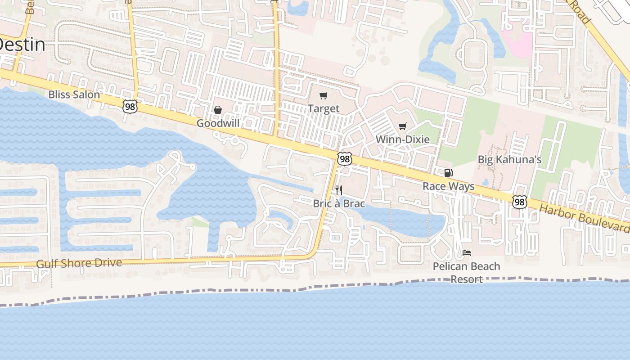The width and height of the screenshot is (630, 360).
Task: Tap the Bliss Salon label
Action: pos(74,94)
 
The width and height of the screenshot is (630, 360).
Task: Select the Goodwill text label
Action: pos(218,123)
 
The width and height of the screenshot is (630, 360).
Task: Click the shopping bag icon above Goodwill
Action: pos(218,110)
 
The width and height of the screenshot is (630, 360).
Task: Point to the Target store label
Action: pos(324,108)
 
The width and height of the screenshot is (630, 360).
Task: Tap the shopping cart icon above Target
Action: pos(324,95)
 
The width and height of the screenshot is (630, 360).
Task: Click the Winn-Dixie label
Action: pos(403,139)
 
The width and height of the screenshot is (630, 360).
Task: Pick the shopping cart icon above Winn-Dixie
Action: pos(403,126)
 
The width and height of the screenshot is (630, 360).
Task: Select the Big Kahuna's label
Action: pos(509,159)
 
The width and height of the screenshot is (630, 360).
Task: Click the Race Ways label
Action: pos(448,186)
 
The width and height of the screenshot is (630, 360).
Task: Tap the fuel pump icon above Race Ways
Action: pos(448,173)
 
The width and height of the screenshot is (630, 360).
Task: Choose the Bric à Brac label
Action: pos(339,203)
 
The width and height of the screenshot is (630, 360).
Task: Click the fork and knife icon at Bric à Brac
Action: pos(339,190)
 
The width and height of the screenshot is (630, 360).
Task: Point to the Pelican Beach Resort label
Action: pos(466,272)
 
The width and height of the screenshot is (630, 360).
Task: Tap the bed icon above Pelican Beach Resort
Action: pos(467,253)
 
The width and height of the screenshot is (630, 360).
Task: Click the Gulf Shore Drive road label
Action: pos(79,263)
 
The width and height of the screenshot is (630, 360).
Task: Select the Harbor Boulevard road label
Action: pos(584,218)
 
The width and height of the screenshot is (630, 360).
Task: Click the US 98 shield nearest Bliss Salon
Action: pos(130,107)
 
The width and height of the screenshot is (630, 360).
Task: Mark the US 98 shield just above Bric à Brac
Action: pos(344,159)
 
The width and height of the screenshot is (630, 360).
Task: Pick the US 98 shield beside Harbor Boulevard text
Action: pos(519,202)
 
